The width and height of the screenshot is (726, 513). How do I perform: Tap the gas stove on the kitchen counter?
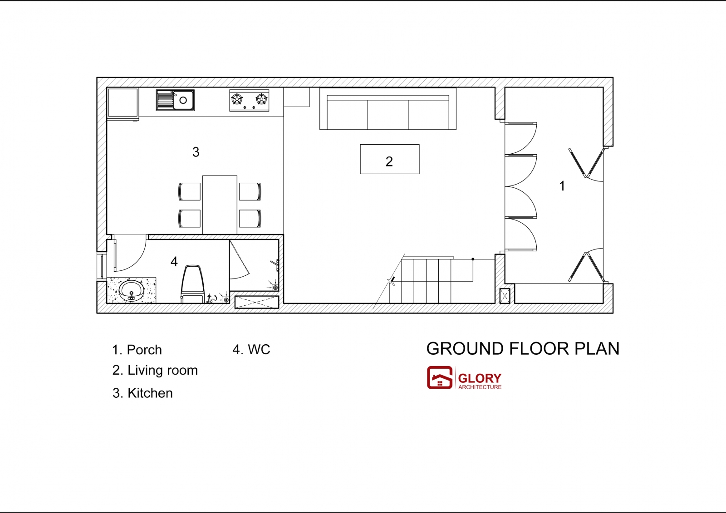249,100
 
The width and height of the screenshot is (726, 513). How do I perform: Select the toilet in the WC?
192,284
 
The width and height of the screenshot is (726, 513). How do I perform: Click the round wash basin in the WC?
131,291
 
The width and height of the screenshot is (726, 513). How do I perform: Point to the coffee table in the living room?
390,159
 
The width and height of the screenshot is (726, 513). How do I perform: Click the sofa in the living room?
388,109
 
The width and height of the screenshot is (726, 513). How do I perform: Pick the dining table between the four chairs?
220,205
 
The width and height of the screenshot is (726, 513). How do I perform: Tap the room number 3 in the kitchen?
196,152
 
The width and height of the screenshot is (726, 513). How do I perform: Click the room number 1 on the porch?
562,186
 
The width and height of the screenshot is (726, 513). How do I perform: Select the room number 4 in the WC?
174,262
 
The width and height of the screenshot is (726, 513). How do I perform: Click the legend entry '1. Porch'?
137,350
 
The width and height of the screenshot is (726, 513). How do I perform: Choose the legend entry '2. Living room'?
155,371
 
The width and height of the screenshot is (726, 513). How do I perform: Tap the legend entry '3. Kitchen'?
142,393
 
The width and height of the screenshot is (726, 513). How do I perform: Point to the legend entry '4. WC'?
251,349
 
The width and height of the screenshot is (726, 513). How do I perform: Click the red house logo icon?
440,377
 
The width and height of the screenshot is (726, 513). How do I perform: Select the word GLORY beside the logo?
480,378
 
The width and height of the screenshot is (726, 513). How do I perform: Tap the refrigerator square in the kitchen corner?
123,102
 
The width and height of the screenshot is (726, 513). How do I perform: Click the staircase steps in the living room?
426,281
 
